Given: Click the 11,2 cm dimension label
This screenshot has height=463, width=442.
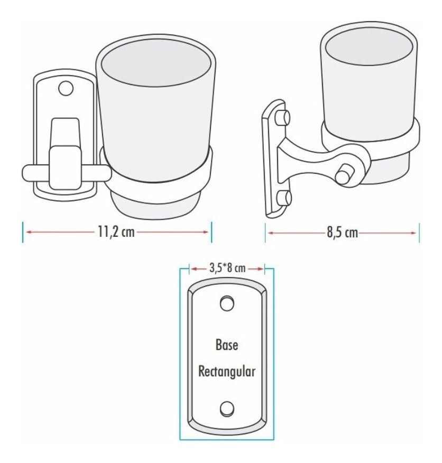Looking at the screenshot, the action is [116, 232].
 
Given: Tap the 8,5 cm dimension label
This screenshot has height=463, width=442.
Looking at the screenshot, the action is [342, 233].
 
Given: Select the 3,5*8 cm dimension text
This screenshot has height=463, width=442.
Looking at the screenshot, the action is [227, 268].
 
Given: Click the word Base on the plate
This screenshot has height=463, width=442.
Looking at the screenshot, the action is [227, 345].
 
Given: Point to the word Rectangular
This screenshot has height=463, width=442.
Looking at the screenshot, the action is [227, 371].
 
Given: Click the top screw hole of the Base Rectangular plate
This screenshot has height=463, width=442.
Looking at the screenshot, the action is [227, 303].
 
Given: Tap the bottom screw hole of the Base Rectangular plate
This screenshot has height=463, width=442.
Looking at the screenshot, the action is [227, 409].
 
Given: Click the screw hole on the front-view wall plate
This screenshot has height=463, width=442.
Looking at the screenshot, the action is [66, 88].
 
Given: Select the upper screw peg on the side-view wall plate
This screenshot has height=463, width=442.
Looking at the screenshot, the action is [283, 117].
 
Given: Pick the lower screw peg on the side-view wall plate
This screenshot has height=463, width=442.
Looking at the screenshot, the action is [283, 198].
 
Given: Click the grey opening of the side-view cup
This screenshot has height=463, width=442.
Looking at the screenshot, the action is [370, 47].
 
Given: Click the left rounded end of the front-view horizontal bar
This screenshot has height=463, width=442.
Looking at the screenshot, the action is [26, 174].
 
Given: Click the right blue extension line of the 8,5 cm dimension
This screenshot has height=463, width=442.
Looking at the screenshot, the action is [419, 233].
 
